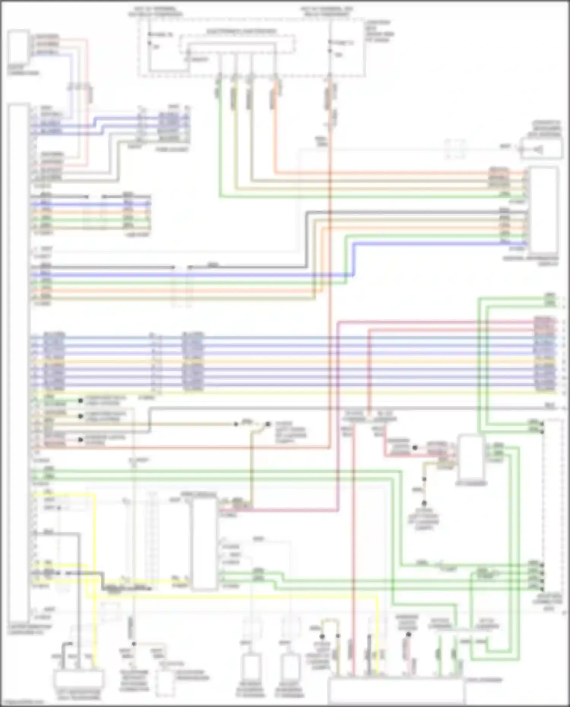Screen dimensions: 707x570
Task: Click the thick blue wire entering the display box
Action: click(x=437, y=243)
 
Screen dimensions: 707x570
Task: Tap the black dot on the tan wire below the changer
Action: click(x=424, y=479)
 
